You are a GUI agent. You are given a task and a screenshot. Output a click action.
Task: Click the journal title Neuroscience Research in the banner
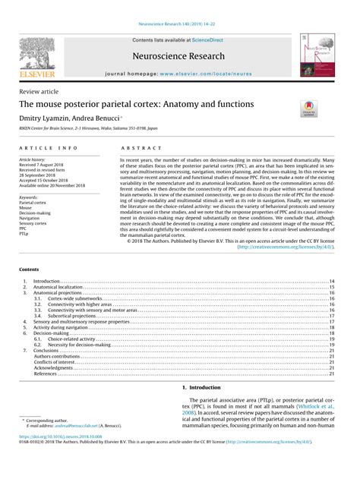[179, 56]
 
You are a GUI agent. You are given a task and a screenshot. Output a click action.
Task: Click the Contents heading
[31, 269]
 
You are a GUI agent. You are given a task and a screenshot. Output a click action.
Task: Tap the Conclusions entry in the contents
[49, 351]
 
